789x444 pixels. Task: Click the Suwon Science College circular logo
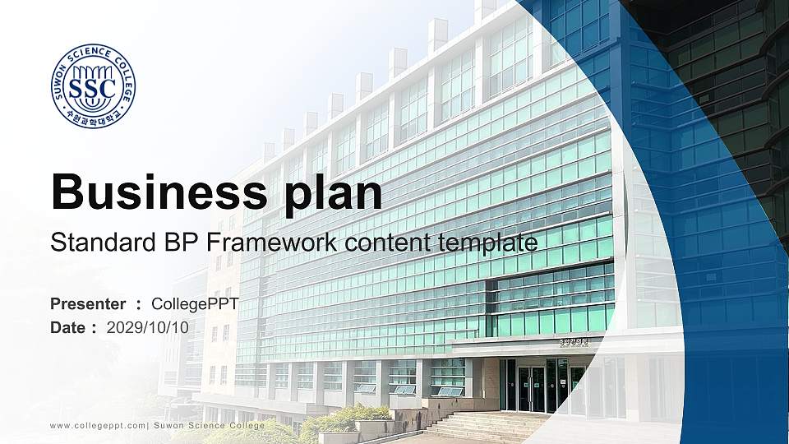[93, 86]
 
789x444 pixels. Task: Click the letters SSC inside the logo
[93, 87]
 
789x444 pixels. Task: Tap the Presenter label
[88, 304]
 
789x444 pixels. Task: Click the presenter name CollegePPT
[195, 304]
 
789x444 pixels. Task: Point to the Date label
[68, 327]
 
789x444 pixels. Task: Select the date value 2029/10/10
[148, 327]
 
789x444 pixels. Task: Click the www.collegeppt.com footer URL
[98, 425]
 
